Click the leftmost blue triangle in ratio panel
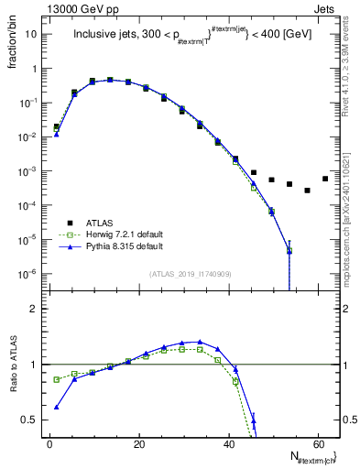(x=57, y=407)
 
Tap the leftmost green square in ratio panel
(x=57, y=379)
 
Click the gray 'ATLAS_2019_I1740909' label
(x=189, y=274)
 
